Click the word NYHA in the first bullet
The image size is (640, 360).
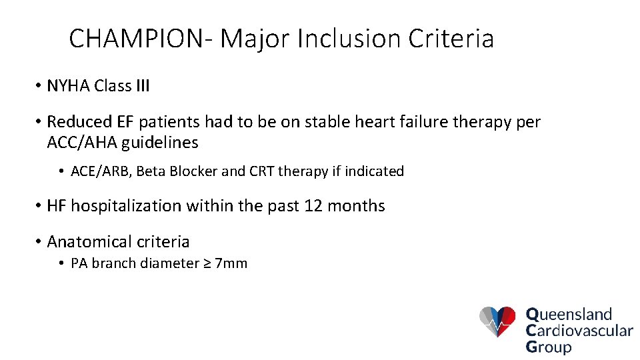69,87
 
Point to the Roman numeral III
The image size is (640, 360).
141,87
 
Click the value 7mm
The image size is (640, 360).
233,263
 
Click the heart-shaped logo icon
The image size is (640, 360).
497,321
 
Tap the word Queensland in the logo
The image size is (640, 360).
569,314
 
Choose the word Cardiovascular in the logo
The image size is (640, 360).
579,331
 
